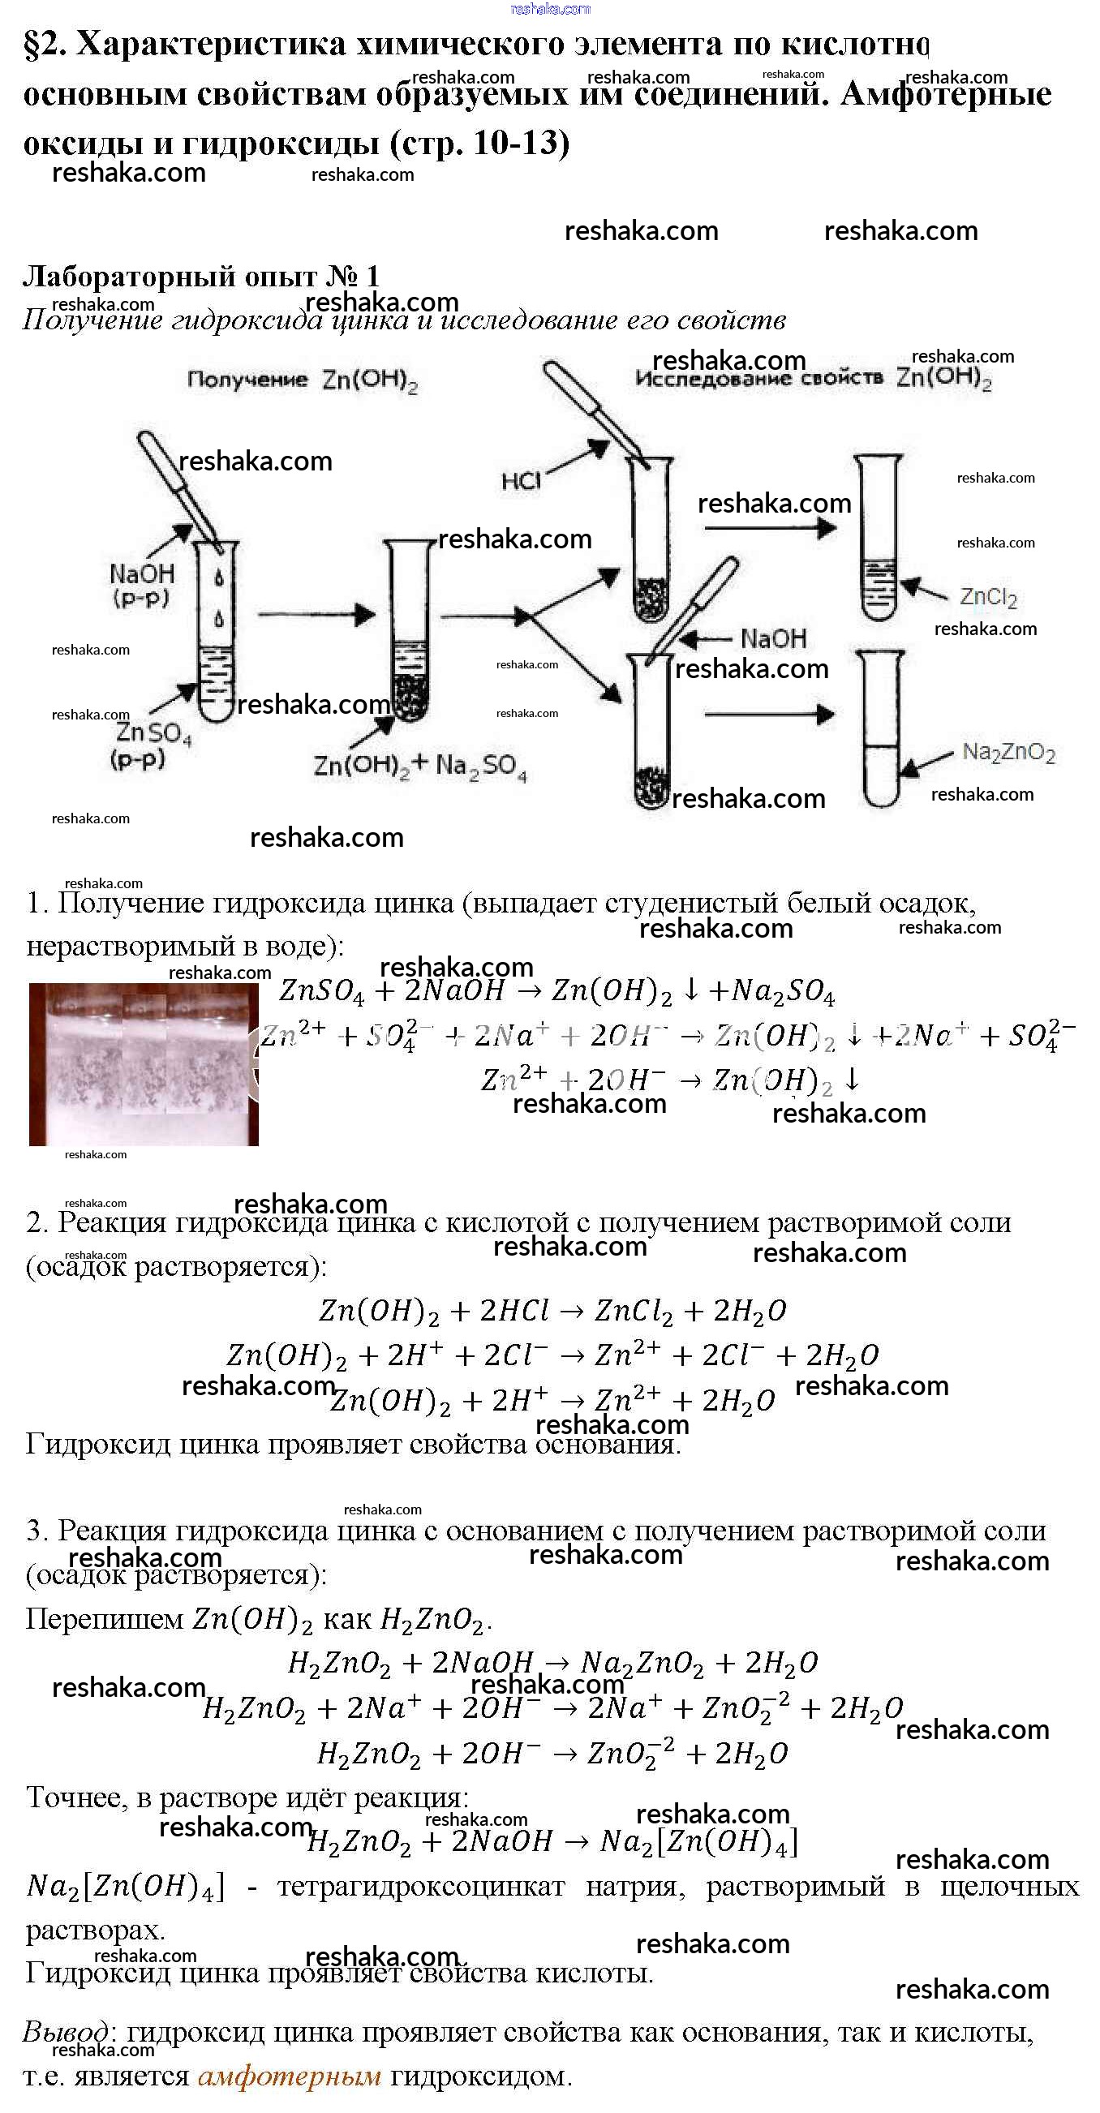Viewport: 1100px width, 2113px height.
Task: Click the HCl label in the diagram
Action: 521,480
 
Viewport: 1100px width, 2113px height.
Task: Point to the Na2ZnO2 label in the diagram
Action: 1008,752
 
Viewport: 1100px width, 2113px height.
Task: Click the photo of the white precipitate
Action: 144,1063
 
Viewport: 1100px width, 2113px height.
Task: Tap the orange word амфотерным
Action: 290,2076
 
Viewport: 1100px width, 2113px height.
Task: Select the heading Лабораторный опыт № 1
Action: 201,277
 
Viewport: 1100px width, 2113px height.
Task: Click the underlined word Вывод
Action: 65,2033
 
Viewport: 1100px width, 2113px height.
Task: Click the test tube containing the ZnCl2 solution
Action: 879,537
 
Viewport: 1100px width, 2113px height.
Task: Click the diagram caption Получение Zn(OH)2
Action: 302,380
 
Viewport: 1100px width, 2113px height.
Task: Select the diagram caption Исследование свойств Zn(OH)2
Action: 813,378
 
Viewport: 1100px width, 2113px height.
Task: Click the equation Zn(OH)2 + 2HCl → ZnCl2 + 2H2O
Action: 552,1311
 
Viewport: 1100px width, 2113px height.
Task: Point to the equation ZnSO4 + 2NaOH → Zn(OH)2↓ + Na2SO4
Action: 556,991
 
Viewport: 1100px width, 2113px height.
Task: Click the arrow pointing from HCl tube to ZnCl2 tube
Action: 768,527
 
